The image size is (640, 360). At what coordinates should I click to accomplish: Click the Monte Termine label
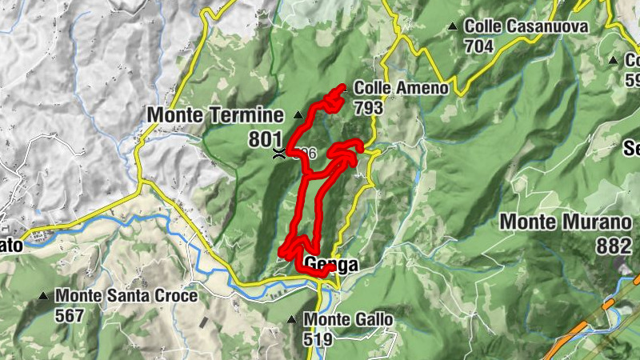click(215, 115)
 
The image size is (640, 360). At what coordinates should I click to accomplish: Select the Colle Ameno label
click(401, 88)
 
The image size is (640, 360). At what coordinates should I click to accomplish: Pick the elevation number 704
click(478, 46)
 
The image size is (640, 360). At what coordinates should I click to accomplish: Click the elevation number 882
click(614, 246)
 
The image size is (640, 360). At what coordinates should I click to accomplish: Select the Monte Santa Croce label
click(126, 296)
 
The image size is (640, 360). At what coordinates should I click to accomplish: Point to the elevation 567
click(70, 315)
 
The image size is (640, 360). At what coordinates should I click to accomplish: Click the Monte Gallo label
click(349, 320)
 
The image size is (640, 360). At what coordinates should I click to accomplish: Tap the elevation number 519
click(318, 339)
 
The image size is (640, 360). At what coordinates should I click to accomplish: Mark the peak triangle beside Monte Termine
click(298, 114)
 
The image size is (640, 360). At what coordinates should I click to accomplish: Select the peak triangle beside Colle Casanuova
click(454, 26)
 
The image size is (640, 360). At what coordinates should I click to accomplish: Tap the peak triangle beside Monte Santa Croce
click(43, 296)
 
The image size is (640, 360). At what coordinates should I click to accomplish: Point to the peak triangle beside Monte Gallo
click(292, 320)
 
